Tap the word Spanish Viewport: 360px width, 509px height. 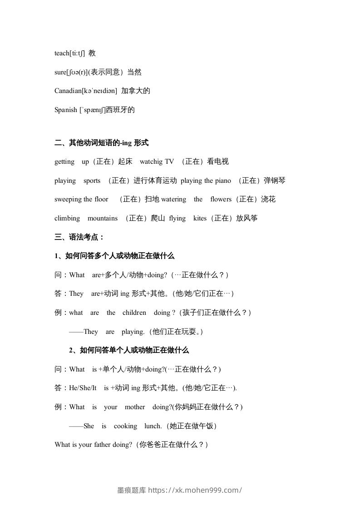click(66, 110)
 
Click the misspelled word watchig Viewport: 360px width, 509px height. click(151, 162)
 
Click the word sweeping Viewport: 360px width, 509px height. click(68, 199)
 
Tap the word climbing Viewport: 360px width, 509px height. click(67, 218)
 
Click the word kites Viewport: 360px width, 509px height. click(200, 218)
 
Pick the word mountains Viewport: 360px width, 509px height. click(103, 218)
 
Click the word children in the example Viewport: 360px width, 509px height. click(134, 313)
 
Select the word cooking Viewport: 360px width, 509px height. click(125, 426)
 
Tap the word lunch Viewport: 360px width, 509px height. click(153, 426)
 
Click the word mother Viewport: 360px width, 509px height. click(135, 407)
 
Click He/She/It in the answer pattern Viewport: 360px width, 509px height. click(83, 388)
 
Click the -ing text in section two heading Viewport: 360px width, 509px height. click(126, 143)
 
